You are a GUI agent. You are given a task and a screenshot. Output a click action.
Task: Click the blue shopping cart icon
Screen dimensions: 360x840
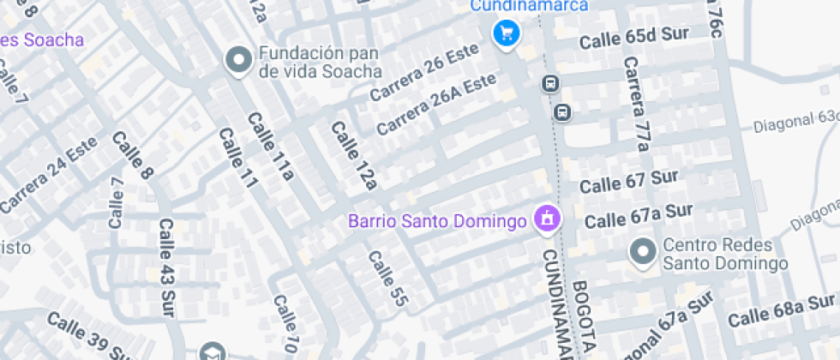507,33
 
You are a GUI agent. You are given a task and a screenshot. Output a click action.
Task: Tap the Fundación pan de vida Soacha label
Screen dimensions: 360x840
320,61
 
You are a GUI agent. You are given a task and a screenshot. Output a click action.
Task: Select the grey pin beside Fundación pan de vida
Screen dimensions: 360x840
237,60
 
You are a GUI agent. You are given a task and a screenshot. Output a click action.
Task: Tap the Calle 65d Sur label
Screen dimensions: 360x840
634,39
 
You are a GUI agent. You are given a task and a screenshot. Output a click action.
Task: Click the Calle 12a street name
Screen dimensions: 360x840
354,154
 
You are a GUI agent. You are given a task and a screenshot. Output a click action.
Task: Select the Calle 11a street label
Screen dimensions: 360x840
271,147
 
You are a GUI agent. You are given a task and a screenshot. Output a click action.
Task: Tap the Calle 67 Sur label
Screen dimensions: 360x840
629,181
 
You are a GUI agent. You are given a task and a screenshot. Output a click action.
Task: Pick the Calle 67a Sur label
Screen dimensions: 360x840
639,215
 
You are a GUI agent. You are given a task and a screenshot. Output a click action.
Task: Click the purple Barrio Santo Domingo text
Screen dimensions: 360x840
436,221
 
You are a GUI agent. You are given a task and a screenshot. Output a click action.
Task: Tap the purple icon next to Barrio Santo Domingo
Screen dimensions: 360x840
546,220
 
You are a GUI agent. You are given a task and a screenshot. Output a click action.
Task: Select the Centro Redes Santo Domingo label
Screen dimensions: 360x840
724,255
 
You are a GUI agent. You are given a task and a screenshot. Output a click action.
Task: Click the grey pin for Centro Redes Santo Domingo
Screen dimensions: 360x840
642,252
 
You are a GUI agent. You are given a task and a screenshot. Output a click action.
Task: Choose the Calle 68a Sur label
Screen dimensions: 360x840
782,309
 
